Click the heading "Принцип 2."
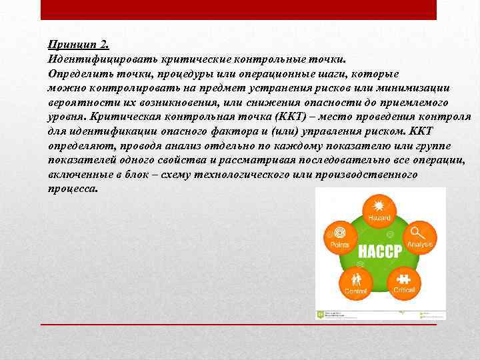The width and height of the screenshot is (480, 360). tap(78, 45)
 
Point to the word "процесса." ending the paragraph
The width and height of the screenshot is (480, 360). tap(73, 189)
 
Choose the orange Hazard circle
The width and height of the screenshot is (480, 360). tap(379, 207)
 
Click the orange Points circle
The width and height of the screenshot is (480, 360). tap(340, 237)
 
